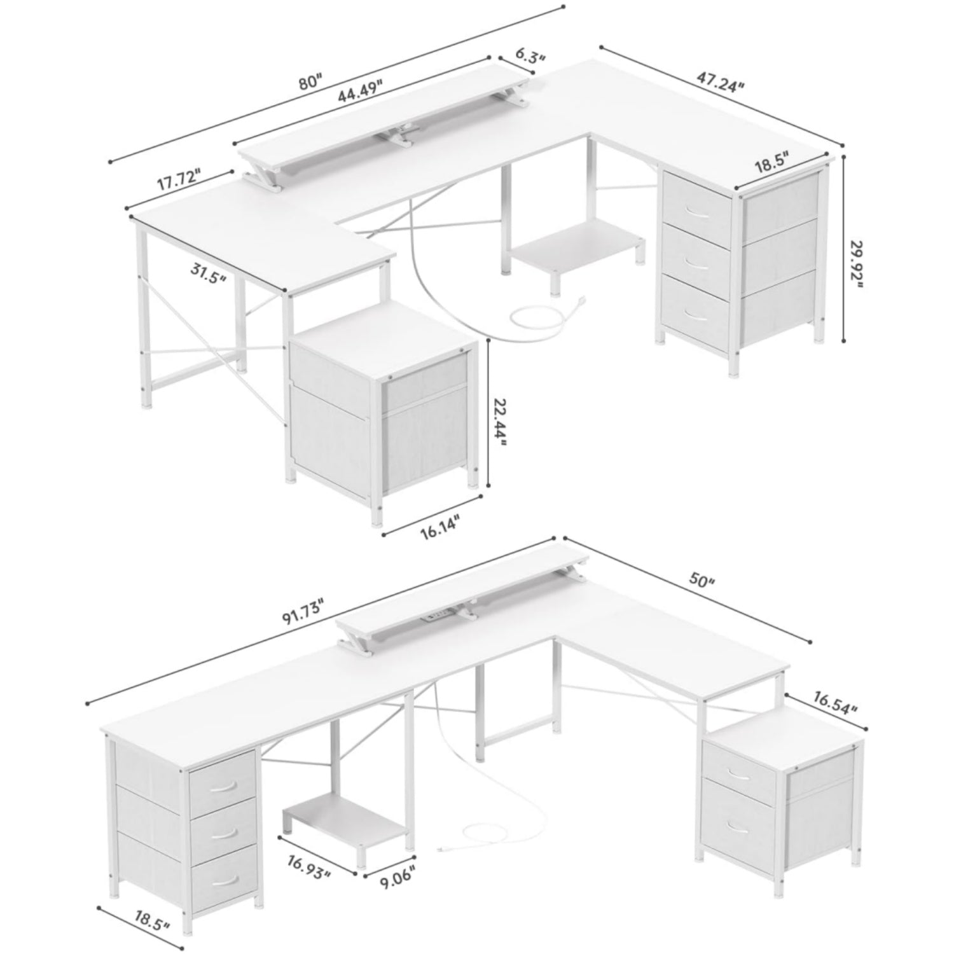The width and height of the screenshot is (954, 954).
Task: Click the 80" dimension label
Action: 311,82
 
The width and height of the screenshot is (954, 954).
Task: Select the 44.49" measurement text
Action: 360,92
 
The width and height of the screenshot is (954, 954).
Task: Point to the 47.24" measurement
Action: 720,83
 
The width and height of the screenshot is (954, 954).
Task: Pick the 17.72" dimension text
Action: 179,181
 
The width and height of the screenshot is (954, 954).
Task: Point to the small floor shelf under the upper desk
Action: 576,245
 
